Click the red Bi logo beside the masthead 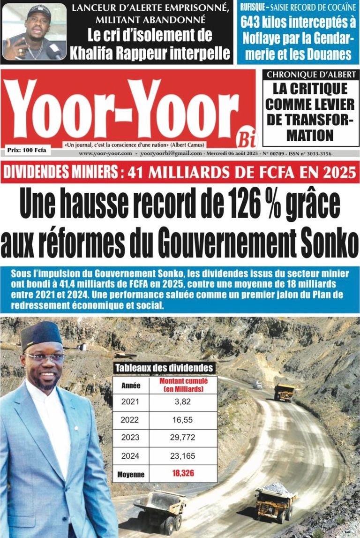point(247,138)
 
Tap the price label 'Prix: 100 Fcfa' point(27,150)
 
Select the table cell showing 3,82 point(183,402)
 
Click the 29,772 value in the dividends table point(183,438)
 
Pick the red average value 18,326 point(183,474)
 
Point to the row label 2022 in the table point(130,420)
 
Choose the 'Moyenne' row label point(131,474)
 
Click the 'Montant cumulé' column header point(183,385)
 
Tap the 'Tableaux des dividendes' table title point(164,368)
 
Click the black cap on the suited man point(41,334)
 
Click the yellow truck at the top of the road point(284,392)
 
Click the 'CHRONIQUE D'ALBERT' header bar point(311,74)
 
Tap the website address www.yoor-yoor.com point(105,153)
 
